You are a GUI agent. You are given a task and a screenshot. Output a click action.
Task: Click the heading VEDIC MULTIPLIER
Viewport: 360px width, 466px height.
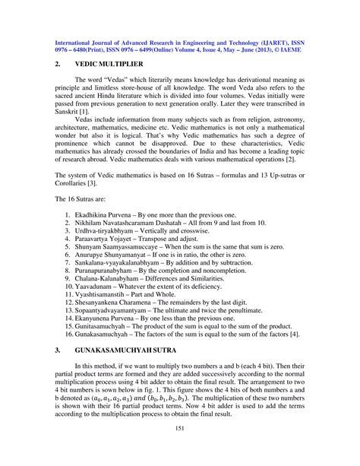click(x=111, y=66)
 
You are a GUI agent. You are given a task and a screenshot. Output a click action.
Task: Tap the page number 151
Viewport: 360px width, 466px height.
click(x=179, y=449)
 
